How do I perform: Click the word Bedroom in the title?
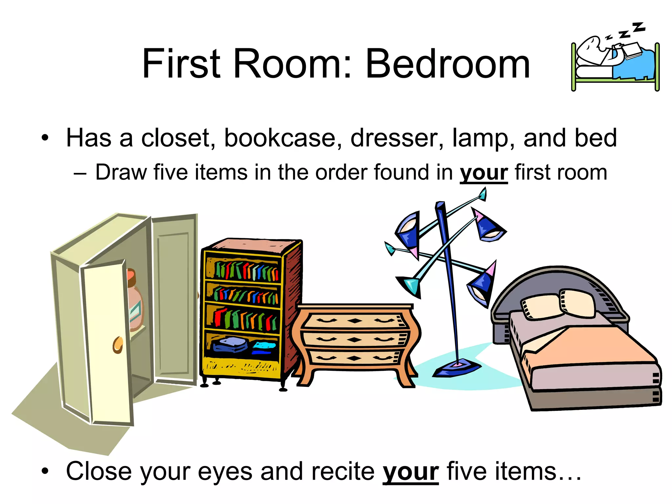(448, 64)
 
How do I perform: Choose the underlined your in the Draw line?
(484, 173)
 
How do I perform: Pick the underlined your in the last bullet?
(410, 472)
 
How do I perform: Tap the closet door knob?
(118, 345)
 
